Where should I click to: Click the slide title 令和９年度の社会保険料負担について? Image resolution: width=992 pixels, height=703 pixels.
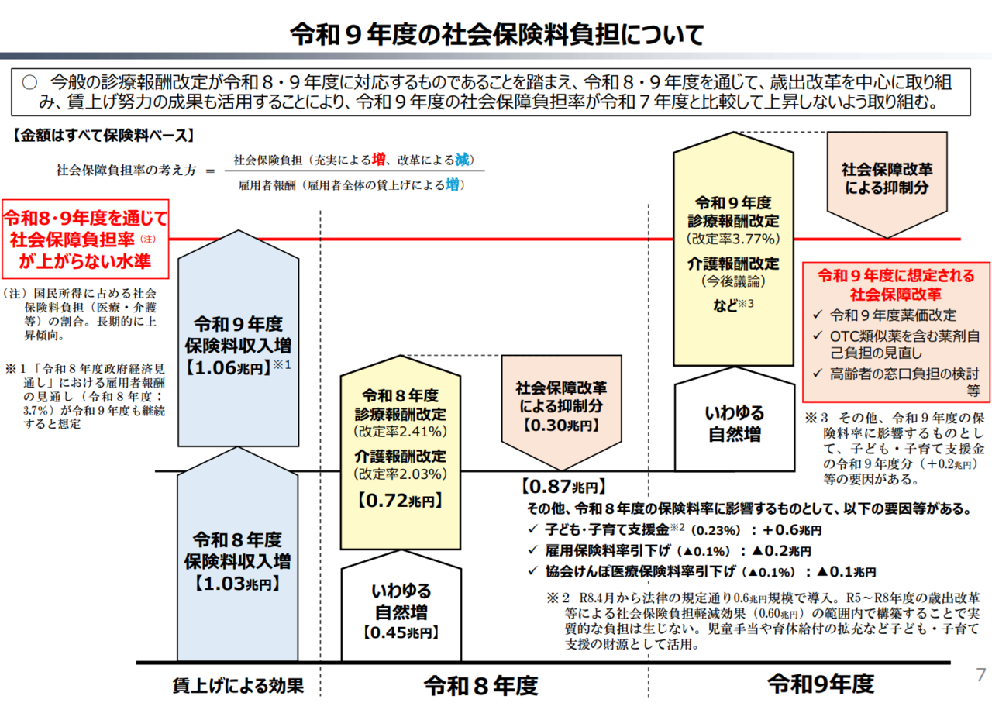(x=497, y=35)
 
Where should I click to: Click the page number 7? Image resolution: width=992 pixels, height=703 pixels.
(x=980, y=675)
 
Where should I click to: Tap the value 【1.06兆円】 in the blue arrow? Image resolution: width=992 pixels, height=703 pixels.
(x=228, y=367)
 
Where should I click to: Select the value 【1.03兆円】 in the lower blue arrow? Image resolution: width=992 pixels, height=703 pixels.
(x=238, y=584)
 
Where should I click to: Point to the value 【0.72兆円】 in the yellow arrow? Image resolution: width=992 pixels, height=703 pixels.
(x=401, y=501)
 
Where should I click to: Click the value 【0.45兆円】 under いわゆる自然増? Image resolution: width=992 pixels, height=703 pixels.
(x=401, y=632)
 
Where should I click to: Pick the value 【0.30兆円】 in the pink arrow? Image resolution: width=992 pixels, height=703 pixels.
(x=561, y=426)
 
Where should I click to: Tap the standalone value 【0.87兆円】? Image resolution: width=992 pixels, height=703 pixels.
(x=563, y=487)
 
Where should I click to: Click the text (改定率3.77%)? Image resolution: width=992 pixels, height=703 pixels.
(x=733, y=239)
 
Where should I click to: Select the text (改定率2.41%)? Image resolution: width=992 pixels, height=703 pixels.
(x=401, y=432)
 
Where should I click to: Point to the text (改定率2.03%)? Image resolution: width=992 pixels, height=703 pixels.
(x=401, y=474)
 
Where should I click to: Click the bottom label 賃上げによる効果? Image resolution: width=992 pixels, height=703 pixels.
(x=238, y=686)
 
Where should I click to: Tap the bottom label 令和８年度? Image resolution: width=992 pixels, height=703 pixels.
(x=481, y=686)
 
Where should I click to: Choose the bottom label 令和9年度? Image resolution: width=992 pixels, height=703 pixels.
(x=821, y=684)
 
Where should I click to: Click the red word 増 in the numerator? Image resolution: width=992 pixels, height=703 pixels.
(x=378, y=160)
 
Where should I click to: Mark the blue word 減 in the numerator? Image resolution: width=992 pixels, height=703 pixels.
(x=462, y=160)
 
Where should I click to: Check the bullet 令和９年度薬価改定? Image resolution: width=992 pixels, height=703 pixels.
(x=893, y=315)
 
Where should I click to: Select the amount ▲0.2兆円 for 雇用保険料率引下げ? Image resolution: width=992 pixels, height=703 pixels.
(x=782, y=550)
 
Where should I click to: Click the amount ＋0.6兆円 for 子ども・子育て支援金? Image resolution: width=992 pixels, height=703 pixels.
(x=792, y=530)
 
